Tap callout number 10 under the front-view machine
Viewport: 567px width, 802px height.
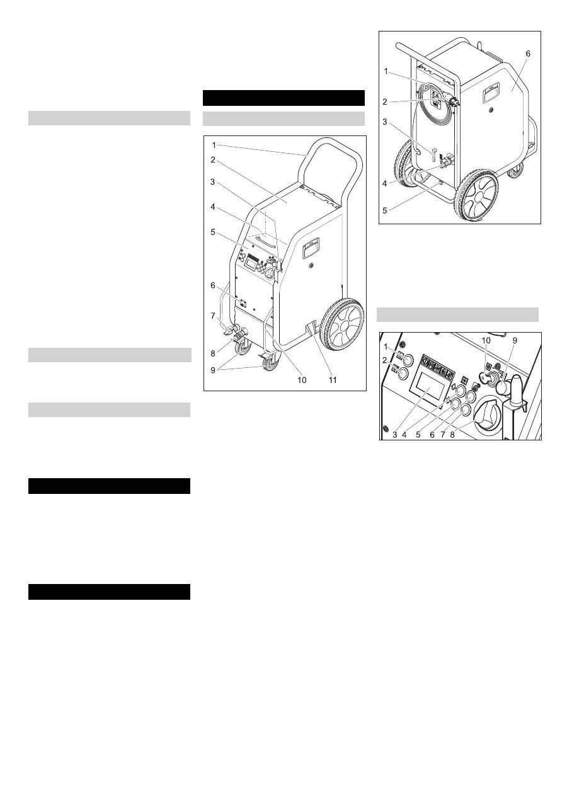point(302,381)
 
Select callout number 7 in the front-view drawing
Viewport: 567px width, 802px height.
point(214,315)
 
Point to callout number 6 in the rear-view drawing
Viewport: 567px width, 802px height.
point(528,54)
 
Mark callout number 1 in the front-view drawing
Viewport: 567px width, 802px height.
point(213,146)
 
